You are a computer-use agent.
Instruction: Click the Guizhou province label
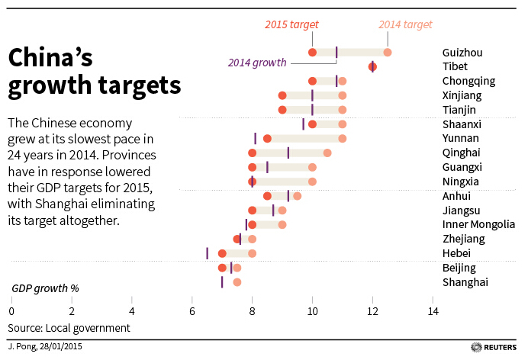click(x=462, y=53)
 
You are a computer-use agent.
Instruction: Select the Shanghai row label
click(x=465, y=282)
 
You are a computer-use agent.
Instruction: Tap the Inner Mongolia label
click(x=478, y=224)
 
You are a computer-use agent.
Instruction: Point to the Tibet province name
click(x=456, y=67)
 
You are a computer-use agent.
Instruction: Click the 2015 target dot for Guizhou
click(x=313, y=52)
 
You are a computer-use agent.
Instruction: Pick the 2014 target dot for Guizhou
click(x=388, y=52)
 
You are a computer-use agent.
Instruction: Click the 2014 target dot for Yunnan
click(x=343, y=138)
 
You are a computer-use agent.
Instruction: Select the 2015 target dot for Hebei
click(x=222, y=253)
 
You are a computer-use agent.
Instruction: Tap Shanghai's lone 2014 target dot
click(x=237, y=282)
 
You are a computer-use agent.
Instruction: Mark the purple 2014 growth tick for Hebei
click(x=207, y=253)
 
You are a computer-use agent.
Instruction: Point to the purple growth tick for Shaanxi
click(x=303, y=124)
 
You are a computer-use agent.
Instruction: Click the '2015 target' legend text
click(x=291, y=25)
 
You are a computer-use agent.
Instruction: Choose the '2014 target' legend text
click(x=405, y=25)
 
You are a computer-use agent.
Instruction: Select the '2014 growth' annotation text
click(x=257, y=63)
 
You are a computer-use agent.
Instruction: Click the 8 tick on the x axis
click(x=253, y=311)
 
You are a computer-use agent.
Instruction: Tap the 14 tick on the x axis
click(x=433, y=311)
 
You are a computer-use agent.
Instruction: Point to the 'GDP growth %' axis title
click(x=45, y=289)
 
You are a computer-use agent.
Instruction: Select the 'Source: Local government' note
click(x=69, y=328)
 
